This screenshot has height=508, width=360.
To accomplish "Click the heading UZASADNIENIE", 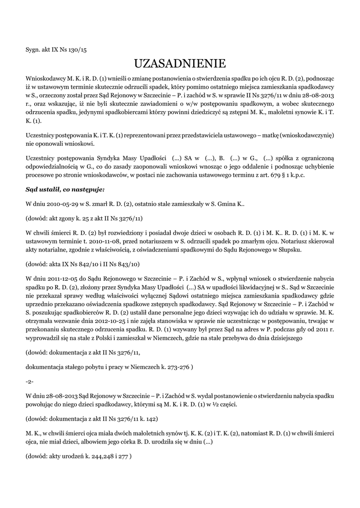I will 180,63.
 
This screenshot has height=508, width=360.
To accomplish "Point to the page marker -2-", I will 30,382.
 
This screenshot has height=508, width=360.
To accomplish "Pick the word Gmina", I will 224,204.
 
